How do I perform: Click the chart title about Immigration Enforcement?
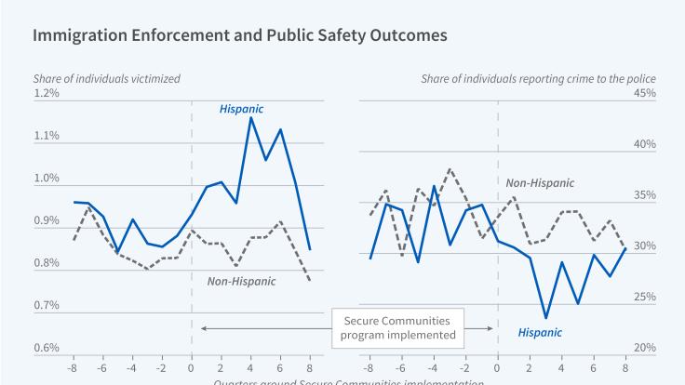(x=240, y=35)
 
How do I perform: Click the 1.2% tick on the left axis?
(x=47, y=93)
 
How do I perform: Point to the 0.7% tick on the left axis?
(x=47, y=305)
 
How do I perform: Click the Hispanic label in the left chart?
(x=241, y=109)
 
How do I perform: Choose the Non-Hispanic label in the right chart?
(x=540, y=183)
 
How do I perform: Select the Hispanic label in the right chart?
(x=540, y=331)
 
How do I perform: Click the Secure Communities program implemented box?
(x=397, y=327)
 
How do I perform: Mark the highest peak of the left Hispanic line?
(x=251, y=117)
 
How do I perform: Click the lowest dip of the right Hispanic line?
(x=546, y=318)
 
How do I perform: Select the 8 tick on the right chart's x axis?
(x=624, y=366)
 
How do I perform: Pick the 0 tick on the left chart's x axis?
(x=192, y=366)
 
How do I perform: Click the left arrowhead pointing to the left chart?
(x=204, y=327)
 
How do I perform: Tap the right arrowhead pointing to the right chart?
(x=490, y=327)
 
